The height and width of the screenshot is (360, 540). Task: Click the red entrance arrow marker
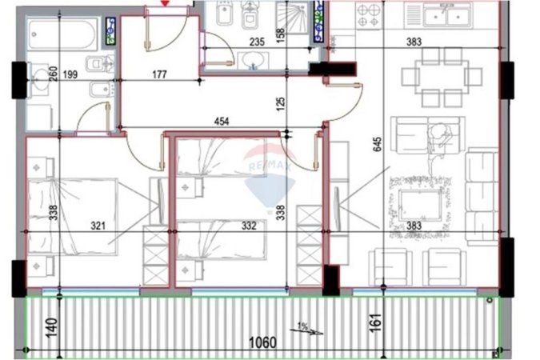[x=165, y=3]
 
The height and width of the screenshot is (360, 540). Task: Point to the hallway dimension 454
[x=222, y=122]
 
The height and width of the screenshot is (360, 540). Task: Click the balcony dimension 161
[x=377, y=323]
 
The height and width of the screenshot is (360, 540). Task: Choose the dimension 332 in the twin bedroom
[x=248, y=226]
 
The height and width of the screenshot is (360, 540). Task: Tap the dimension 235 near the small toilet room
[x=256, y=42]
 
